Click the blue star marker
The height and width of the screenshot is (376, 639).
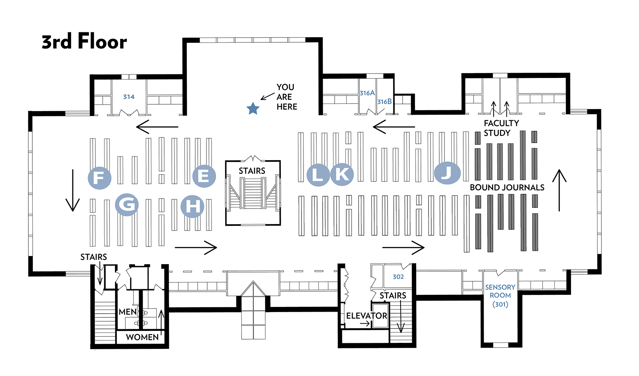[253, 108]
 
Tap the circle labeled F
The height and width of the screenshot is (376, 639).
[99, 177]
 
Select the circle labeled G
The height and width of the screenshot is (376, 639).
[127, 204]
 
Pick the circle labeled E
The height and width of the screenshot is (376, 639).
[204, 176]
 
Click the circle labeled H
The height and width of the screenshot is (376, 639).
[192, 206]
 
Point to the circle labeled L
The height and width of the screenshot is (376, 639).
[318, 175]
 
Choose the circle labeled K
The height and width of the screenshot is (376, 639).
[342, 174]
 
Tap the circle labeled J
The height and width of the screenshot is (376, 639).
[447, 173]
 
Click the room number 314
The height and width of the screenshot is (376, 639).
[129, 97]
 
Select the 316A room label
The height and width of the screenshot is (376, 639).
[367, 93]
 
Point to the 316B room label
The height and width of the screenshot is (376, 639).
[384, 102]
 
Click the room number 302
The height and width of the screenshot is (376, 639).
[398, 277]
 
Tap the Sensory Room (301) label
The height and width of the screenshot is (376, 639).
[500, 296]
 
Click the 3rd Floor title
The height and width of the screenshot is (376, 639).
[84, 42]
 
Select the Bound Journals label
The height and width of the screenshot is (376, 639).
[507, 187]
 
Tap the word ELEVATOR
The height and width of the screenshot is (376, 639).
[367, 316]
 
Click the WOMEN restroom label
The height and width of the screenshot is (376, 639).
[142, 337]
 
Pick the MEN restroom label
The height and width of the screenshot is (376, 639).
[128, 312]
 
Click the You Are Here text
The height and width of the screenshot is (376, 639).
[286, 97]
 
